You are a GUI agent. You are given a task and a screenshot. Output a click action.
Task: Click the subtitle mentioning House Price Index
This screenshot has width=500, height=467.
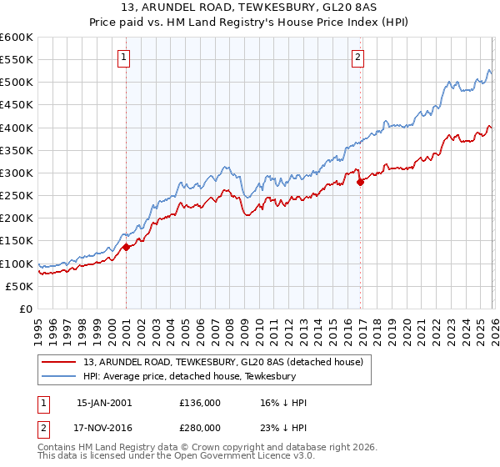click(250, 23)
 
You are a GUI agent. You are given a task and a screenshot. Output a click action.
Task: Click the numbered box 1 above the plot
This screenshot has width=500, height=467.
click(123, 58)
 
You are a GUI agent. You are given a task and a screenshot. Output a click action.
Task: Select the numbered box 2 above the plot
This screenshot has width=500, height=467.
click(357, 58)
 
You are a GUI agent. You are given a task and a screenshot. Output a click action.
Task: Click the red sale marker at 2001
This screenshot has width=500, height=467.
click(126, 247)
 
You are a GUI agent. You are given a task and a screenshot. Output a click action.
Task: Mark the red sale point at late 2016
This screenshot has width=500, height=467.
click(360, 182)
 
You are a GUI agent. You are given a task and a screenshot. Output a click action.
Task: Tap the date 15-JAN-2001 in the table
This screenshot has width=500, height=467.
click(104, 403)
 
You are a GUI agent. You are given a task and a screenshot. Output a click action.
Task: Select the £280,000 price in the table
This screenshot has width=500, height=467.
click(200, 427)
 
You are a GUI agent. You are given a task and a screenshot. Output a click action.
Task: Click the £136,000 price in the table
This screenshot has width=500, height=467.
click(200, 403)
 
